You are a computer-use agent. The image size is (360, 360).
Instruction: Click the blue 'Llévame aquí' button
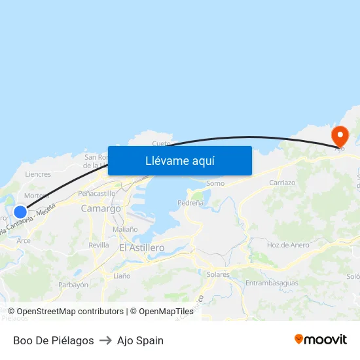[179, 160]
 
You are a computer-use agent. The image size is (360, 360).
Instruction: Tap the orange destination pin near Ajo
[340, 136]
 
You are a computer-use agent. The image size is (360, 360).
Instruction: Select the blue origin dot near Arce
[20, 211]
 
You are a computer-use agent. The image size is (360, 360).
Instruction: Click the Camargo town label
[101, 208]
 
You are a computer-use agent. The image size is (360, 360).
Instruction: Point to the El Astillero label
[142, 248]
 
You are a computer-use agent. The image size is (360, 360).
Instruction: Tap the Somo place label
[215, 183]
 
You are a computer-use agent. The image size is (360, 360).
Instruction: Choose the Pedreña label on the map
[190, 203]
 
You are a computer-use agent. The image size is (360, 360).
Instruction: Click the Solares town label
[217, 274]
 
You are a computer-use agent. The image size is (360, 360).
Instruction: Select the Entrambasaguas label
[272, 283]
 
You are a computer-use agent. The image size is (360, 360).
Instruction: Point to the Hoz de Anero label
[288, 245]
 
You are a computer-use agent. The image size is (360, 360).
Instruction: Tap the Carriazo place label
[282, 183]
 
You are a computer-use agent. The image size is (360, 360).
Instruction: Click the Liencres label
[38, 174]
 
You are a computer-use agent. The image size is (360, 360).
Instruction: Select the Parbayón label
[73, 285]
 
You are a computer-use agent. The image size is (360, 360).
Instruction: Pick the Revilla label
[99, 245]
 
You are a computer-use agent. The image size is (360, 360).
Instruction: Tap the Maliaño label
[124, 229]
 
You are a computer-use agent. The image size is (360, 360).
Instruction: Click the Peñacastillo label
[96, 193]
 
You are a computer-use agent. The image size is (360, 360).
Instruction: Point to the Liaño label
[122, 276]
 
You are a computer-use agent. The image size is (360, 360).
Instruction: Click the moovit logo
[320, 340]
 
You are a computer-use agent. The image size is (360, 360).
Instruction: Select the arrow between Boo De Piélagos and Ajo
[105, 340]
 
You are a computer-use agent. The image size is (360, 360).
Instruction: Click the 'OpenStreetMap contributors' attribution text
[70, 312]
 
